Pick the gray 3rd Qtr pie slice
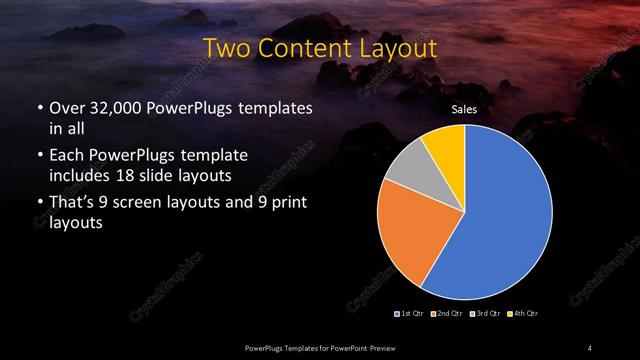pyautogui.click(x=405, y=175)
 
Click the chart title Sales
pyautogui.click(x=464, y=110)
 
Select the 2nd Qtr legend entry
pyautogui.click(x=448, y=314)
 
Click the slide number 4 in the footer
pyautogui.click(x=591, y=347)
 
